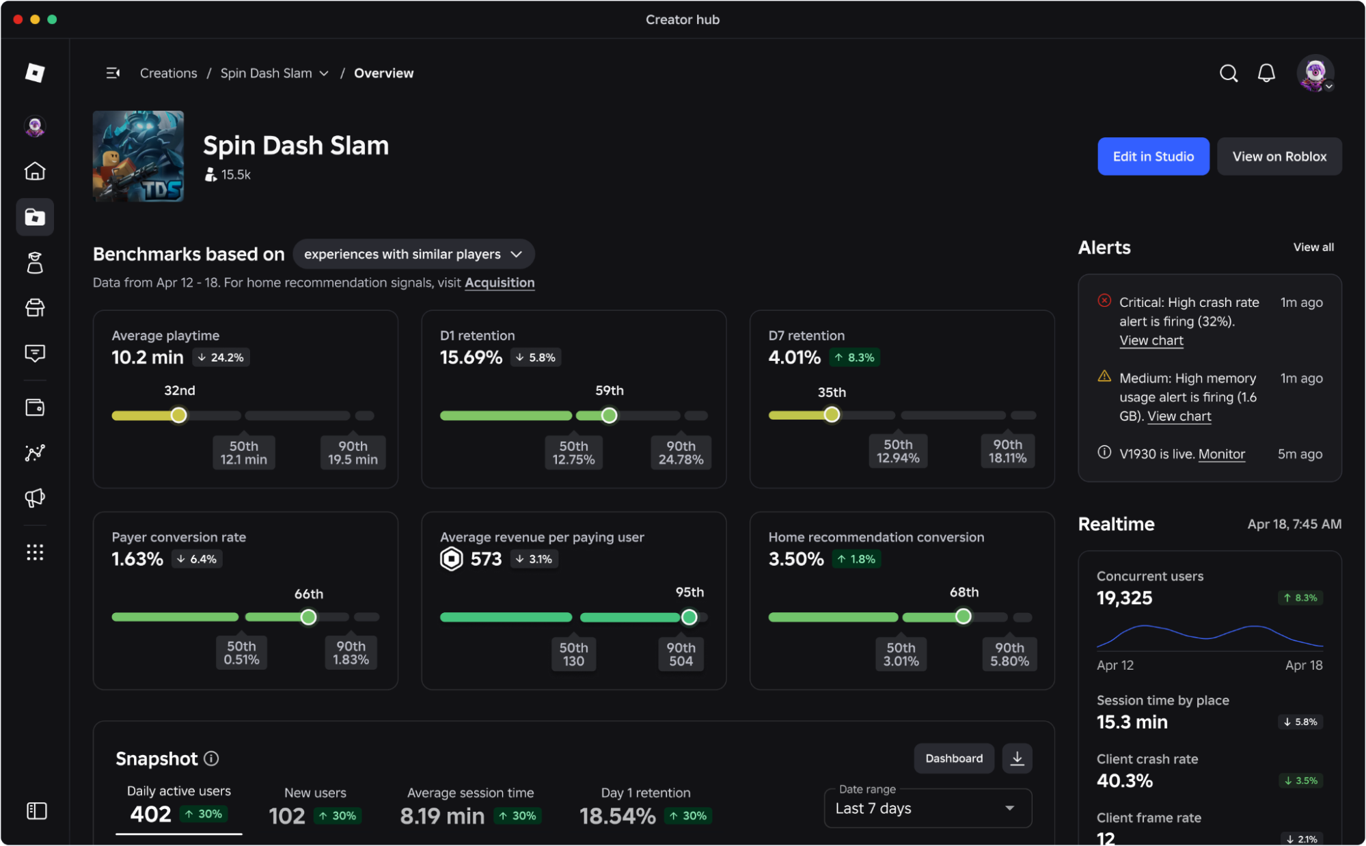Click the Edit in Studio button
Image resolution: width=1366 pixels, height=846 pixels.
tap(1153, 156)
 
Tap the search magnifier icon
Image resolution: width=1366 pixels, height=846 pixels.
tap(1229, 73)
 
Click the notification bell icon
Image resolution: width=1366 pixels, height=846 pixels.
tap(1266, 73)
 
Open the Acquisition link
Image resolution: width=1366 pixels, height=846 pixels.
tap(500, 283)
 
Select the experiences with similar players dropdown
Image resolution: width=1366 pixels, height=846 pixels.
tap(413, 254)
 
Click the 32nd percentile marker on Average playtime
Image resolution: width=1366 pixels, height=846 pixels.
tap(179, 415)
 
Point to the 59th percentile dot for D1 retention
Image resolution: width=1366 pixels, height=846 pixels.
tap(609, 415)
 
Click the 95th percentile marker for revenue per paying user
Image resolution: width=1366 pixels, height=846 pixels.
tap(689, 617)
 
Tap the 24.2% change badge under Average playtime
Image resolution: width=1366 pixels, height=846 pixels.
tap(221, 357)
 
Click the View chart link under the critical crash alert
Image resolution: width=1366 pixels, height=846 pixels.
tap(1151, 341)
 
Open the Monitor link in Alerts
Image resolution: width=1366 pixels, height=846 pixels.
tap(1222, 454)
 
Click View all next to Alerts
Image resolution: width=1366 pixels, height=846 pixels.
tap(1313, 247)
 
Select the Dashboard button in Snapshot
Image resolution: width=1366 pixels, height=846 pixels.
tap(954, 759)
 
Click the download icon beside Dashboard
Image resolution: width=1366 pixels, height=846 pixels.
tap(1017, 759)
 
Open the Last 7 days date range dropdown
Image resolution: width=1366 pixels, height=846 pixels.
tap(928, 808)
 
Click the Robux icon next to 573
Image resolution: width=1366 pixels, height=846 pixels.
tap(452, 559)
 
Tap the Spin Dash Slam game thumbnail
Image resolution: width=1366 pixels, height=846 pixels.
tap(138, 156)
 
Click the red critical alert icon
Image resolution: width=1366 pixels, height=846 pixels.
tap(1104, 301)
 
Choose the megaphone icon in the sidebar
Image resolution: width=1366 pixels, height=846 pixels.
tap(35, 497)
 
